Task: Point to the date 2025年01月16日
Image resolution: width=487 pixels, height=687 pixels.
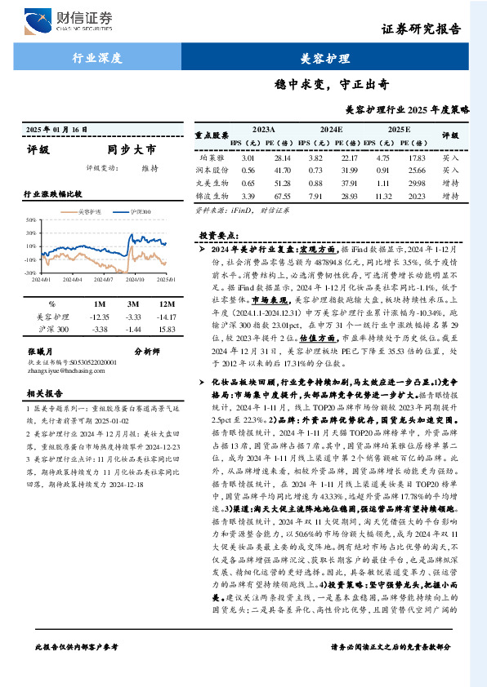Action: [57, 131]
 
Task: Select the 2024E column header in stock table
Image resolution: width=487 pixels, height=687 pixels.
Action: [331, 129]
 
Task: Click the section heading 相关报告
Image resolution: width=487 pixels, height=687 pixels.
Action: [41, 392]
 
